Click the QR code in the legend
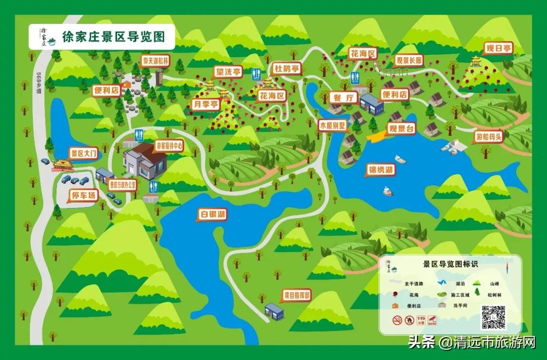click(493, 317)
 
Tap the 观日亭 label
click(497, 49)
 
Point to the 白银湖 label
click(212, 215)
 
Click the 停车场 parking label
click(84, 195)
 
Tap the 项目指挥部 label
click(297, 295)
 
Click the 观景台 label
click(401, 129)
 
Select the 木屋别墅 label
click(332, 124)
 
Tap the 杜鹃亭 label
click(287, 68)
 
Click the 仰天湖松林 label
click(155, 61)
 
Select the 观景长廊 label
click(409, 61)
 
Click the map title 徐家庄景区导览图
click(113, 37)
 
